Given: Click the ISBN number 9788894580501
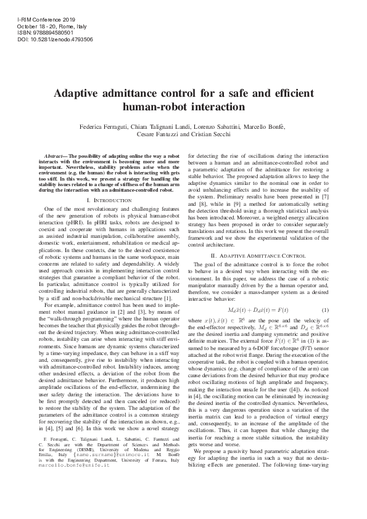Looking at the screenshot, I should [x=50, y=32].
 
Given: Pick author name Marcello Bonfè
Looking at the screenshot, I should [x=266, y=126].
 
